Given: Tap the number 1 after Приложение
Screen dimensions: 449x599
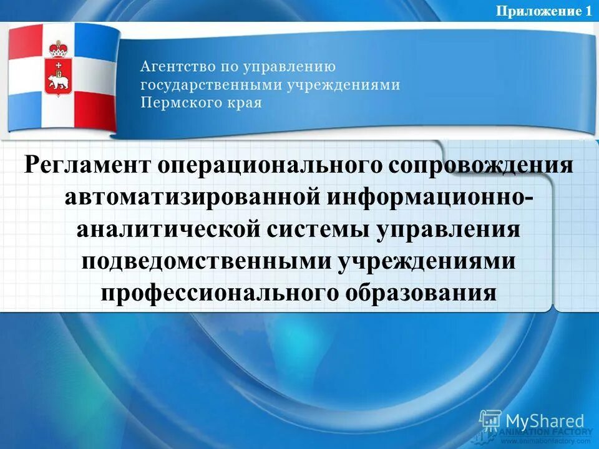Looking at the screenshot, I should click(x=588, y=11).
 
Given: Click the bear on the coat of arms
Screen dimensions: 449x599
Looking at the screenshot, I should click(x=59, y=84).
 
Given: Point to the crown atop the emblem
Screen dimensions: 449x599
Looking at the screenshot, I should click(x=59, y=48).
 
